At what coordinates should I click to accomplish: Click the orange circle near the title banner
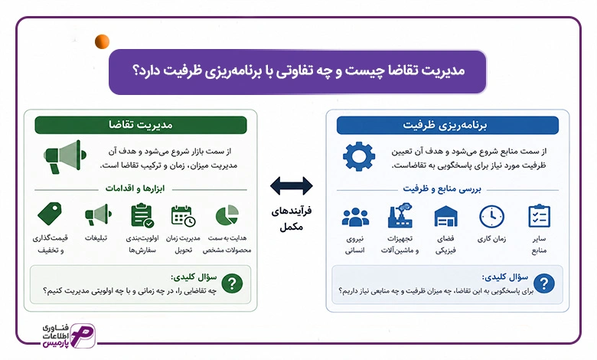pos(102,41)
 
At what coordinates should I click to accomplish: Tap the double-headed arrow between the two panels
pos(292,186)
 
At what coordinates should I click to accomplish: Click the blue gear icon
pos(359,156)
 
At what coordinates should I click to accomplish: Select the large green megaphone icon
pos(65,156)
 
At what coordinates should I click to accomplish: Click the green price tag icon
pos(50,214)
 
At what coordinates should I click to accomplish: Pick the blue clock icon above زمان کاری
pos(491,216)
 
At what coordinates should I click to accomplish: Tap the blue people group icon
pos(355,217)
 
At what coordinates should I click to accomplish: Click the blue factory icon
pos(400,215)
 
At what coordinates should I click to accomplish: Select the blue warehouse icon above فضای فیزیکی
pos(446,216)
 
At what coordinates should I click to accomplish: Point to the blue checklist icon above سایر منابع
pos(539,216)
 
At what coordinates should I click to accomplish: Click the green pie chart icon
pos(227,215)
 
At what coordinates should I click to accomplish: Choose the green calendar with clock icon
pos(183,216)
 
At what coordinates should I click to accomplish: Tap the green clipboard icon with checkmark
pos(142,216)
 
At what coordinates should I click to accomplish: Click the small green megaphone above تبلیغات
pos(98,214)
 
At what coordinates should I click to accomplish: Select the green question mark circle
pos(232,283)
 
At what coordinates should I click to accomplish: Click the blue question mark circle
pos(544,283)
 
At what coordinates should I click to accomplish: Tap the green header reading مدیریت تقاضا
pos(141,125)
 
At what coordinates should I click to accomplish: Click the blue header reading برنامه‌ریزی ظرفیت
pos(448,126)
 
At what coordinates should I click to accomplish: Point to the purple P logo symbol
pos(83,335)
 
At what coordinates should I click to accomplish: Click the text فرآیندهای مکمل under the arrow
pos(292,218)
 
